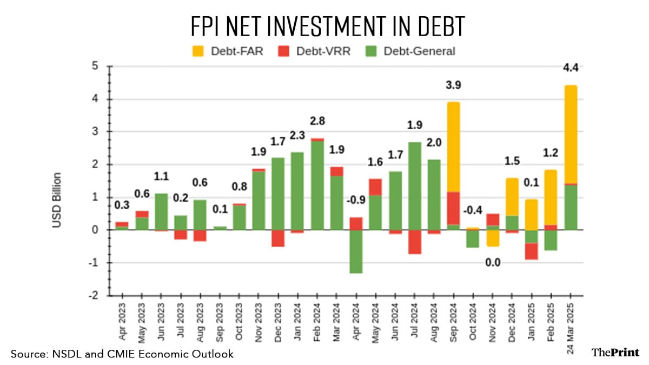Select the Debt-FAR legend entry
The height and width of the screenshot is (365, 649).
pos(227,51)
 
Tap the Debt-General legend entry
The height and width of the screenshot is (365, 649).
pos(410,51)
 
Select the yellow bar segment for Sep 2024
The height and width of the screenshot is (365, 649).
pos(453,146)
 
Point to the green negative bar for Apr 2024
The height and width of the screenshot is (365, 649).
pos(356,251)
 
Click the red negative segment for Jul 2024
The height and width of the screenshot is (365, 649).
pos(414,242)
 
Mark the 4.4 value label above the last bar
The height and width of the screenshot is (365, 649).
pos(571,68)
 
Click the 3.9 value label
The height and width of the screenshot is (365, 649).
pos(453,85)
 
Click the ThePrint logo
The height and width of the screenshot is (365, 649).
pos(615,353)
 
